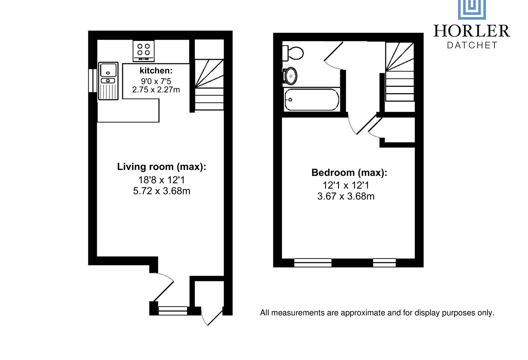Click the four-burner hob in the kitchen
[144, 51]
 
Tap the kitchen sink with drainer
[108, 81]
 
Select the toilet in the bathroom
[293, 53]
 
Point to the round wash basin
[290, 76]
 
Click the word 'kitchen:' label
[156, 71]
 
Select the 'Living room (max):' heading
[161, 167]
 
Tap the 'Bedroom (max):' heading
[349, 173]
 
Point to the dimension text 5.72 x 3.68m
[161, 191]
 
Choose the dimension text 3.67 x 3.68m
[346, 196]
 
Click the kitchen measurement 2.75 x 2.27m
[156, 90]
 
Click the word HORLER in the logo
[471, 31]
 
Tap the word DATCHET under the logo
[472, 45]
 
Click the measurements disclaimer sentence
[377, 313]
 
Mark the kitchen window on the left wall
[92, 80]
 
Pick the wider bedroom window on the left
[313, 263]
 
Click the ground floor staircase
[209, 85]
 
